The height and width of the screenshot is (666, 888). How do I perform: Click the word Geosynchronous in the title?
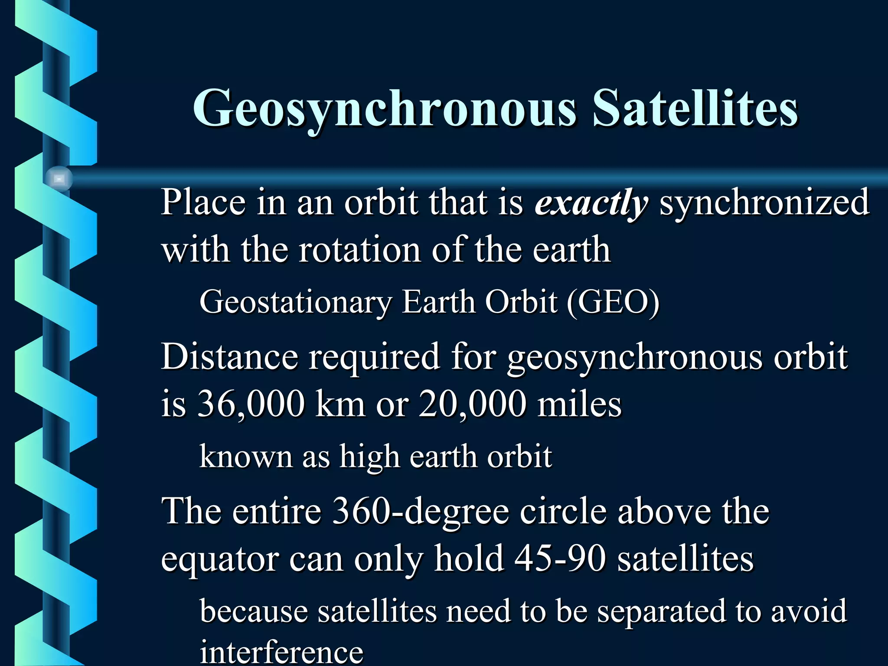pyautogui.click(x=385, y=108)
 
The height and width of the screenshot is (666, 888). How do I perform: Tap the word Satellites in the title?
pyautogui.click(x=695, y=108)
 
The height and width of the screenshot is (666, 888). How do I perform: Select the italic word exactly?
pyautogui.click(x=591, y=202)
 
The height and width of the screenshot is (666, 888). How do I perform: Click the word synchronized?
pyautogui.click(x=764, y=202)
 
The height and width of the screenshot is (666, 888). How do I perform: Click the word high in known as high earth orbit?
pyautogui.click(x=369, y=457)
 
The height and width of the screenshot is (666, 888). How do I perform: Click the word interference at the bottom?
pyautogui.click(x=281, y=653)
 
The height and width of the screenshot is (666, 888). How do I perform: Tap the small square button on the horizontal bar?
pyautogui.click(x=59, y=179)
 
